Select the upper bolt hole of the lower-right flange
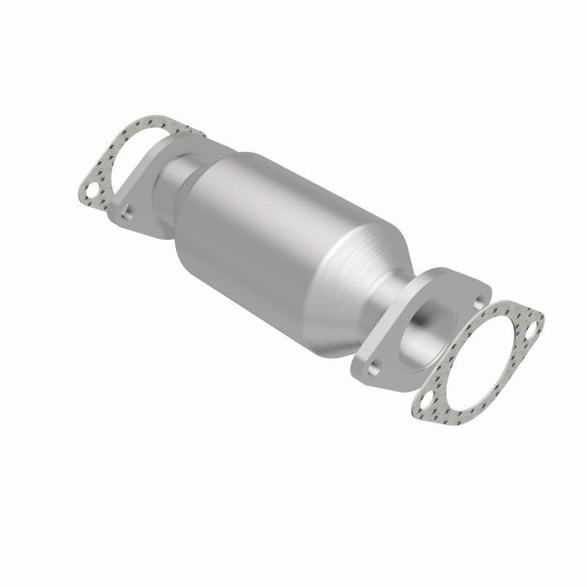[478, 299]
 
